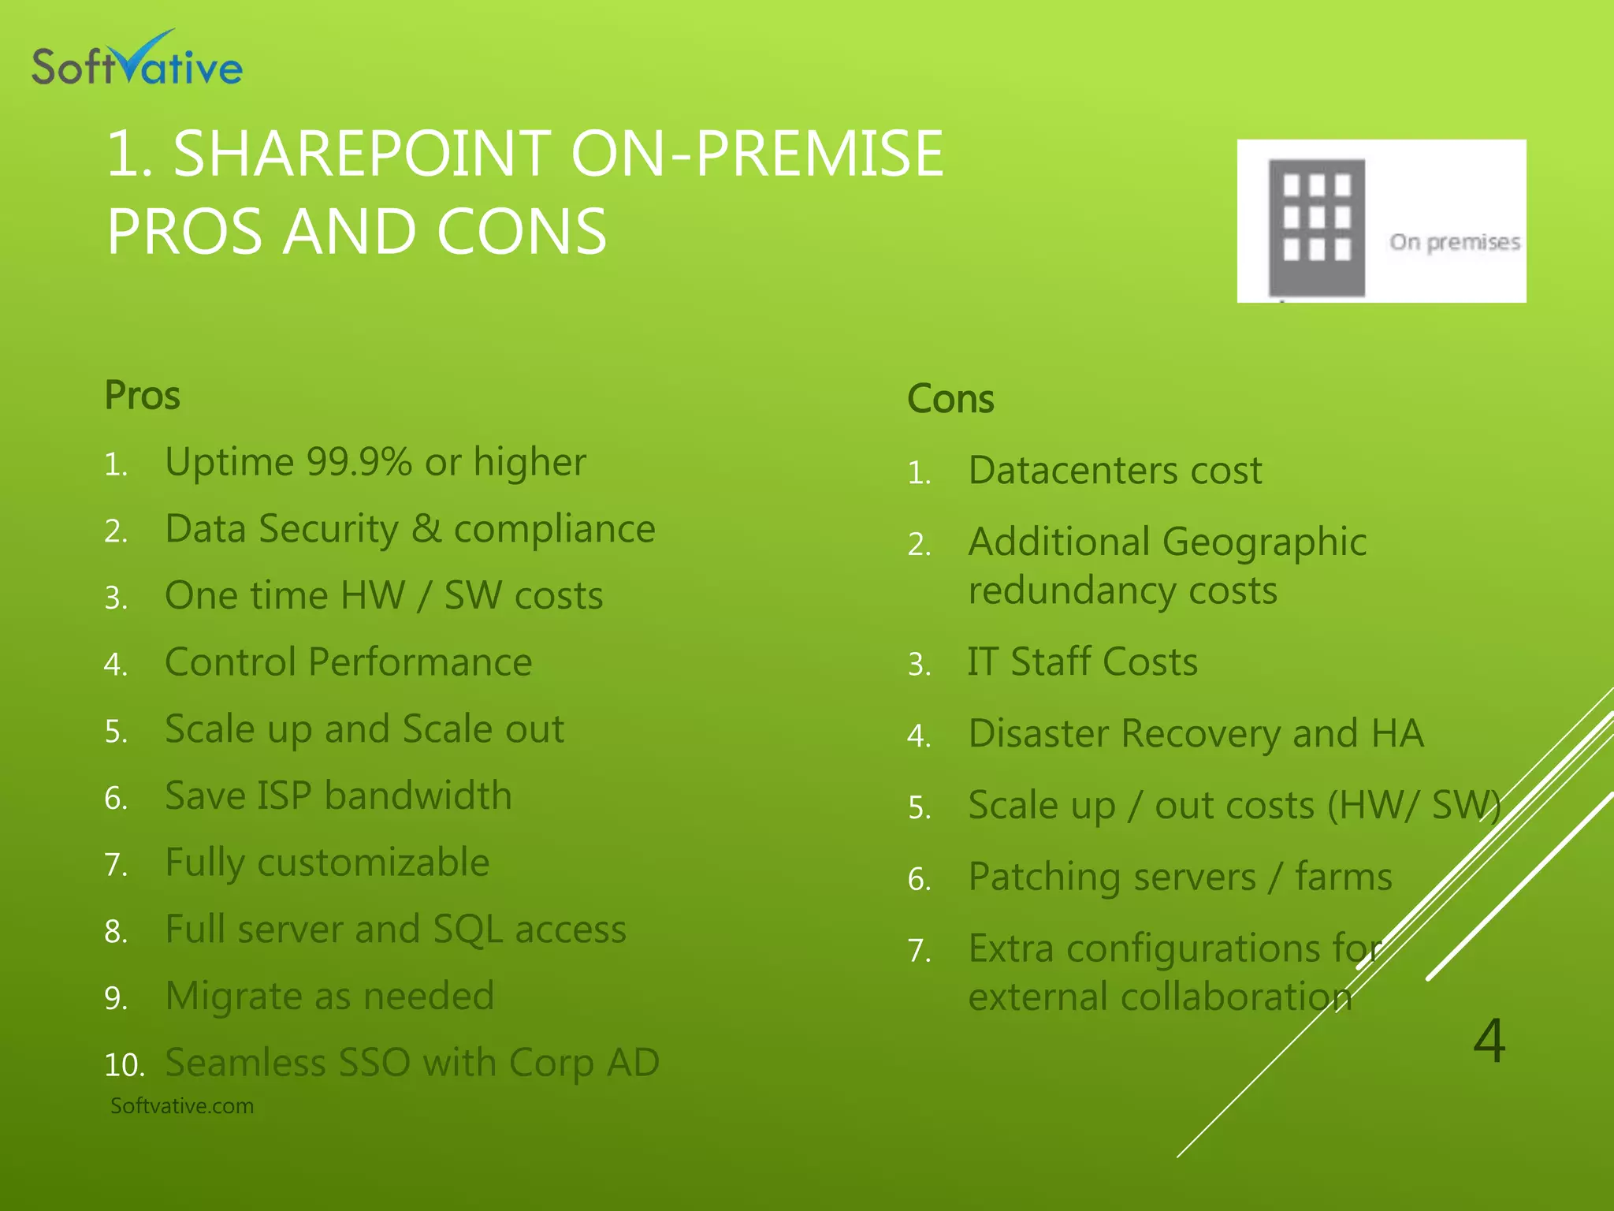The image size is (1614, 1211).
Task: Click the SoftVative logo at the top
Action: pos(136,60)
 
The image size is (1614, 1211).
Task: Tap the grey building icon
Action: pos(1316,226)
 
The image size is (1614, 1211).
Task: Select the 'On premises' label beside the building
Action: pos(1454,242)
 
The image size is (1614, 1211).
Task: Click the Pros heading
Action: pos(143,396)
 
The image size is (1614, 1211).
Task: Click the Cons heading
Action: pos(950,399)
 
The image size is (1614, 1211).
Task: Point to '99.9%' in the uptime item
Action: pos(359,462)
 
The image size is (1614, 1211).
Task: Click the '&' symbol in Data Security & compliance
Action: pos(426,528)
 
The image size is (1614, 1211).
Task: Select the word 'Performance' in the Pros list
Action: pos(420,662)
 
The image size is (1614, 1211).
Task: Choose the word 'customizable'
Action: pos(374,863)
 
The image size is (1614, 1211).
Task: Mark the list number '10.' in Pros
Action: pos(124,1065)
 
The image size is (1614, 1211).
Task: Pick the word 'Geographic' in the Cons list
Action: pos(1264,542)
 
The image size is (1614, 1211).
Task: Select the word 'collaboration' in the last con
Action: pos(1237,997)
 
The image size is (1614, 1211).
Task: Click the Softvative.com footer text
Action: pos(182,1106)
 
